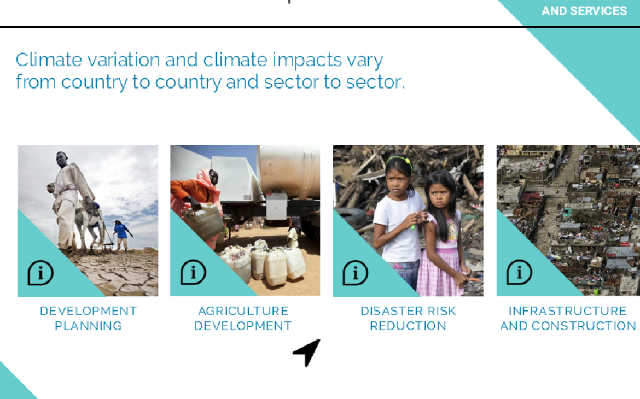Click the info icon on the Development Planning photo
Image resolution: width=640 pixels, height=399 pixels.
pos(40,273)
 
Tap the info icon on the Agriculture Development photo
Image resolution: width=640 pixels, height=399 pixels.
pos(193,272)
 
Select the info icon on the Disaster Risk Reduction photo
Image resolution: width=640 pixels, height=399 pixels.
pos(356,272)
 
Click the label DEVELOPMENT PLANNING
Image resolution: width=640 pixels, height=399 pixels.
pos(88,318)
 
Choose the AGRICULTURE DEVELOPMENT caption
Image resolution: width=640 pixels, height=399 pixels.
pos(243,318)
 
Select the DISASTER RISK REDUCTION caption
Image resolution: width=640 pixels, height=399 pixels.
pos(408,318)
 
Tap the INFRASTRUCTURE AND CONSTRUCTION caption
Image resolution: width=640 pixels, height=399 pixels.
pos(568,318)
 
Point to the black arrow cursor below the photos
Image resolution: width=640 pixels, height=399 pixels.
pos(307,352)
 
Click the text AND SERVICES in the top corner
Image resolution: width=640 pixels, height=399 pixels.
pos(584,11)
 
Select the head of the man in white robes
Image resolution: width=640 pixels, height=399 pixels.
pos(61,160)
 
